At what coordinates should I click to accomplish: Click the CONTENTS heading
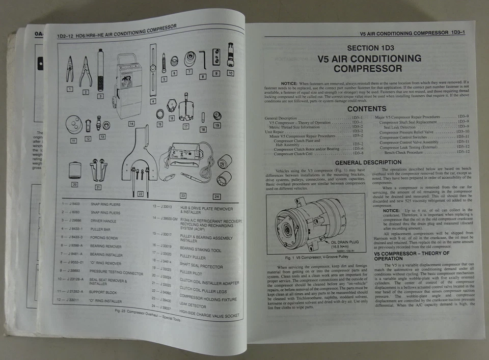coord(366,108)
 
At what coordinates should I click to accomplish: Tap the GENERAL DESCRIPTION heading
coord(368,162)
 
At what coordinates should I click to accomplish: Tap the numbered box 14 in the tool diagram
coord(131,124)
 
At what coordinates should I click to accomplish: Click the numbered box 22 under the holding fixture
coord(141,194)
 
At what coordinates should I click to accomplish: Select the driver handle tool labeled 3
coord(100,70)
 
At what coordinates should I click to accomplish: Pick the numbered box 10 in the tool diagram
coord(230,73)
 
